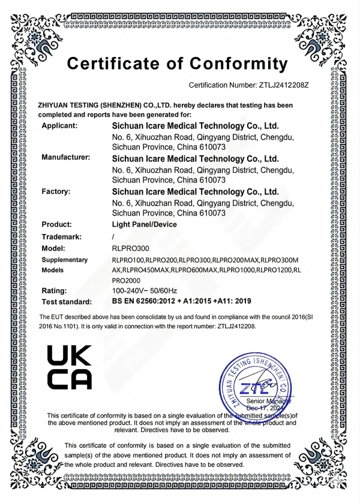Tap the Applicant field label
(x=59, y=125)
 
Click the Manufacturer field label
(x=65, y=158)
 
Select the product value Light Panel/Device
(x=145, y=224)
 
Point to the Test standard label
(x=67, y=302)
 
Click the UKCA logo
(x=70, y=368)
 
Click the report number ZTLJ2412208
(x=233, y=326)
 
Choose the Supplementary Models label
(x=64, y=265)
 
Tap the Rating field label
(x=54, y=290)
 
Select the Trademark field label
(x=61, y=236)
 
